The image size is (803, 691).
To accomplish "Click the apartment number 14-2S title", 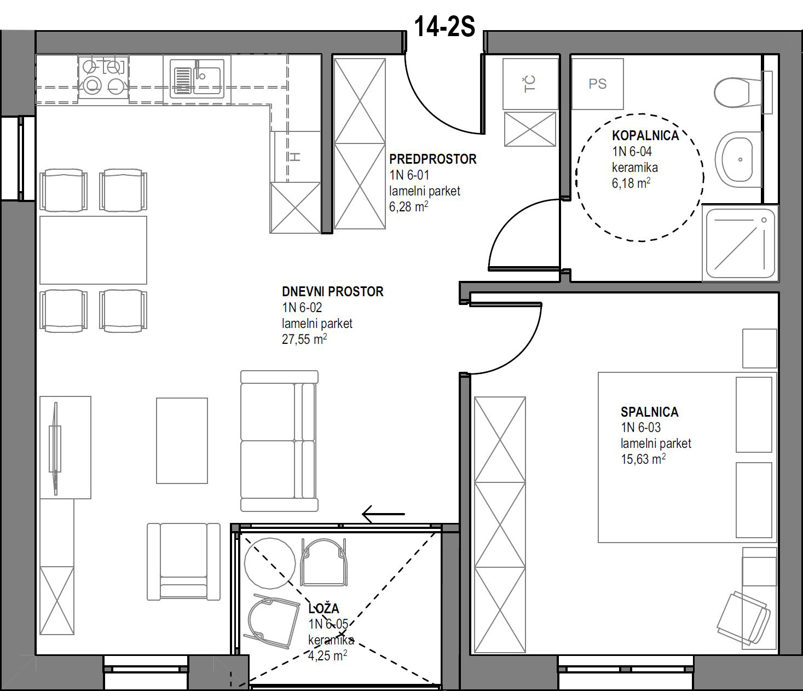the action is coord(445,27).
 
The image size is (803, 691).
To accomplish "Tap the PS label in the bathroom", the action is coord(598,84).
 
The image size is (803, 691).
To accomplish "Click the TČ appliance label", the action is coord(530,84).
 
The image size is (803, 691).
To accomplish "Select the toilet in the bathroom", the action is coord(743,93).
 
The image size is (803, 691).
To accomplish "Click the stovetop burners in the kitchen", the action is coord(103,77).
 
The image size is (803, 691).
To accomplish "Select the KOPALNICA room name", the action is coord(646,136).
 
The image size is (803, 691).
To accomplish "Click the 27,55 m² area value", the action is coord(304,339).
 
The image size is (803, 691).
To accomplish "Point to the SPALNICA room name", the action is coord(650,412).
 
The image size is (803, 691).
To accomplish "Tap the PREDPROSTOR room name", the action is coord(433,159).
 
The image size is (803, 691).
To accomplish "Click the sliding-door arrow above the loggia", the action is coord(383,514).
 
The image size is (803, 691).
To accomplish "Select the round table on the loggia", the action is coord(270,563).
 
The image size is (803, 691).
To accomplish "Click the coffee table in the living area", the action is coord(182,441).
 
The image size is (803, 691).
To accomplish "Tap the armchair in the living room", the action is coord(183,561).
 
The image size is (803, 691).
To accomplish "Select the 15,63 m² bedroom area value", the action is coord(643,459).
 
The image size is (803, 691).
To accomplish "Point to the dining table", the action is coord(93,250).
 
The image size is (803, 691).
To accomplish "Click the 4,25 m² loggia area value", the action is coord(327,656).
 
